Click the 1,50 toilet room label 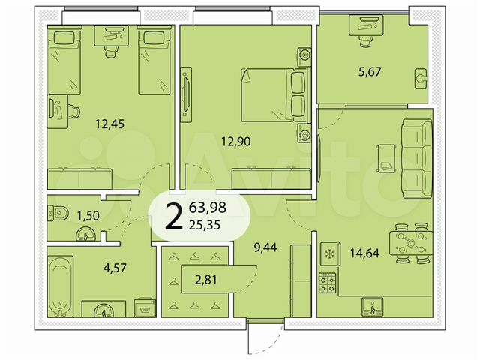(87, 216)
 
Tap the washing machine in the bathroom (142, 307)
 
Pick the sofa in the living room (415, 154)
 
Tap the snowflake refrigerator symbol (328, 253)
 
